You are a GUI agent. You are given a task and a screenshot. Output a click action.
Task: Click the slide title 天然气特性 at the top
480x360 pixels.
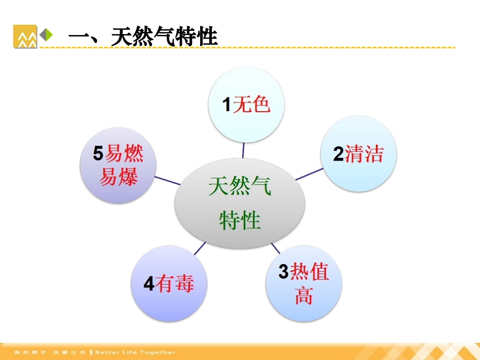pos(143,37)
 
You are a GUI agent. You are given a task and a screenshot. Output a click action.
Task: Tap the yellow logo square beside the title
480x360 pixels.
pos(25,36)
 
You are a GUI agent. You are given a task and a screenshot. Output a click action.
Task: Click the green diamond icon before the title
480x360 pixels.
pos(46,35)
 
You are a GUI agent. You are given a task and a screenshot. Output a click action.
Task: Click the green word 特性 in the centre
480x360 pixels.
pos(240,221)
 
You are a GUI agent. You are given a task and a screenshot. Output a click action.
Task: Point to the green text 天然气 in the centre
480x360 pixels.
pos(240,187)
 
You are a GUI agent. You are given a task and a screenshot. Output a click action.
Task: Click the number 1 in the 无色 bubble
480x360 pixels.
pos(227,105)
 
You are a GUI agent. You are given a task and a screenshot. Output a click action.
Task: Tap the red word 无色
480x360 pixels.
pos(252,105)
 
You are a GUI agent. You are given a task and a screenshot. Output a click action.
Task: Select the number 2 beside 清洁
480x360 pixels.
pos(339,154)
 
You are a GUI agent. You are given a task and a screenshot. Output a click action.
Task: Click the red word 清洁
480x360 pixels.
pos(364,153)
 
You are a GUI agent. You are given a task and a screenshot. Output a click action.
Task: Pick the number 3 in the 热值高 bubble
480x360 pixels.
pos(283,272)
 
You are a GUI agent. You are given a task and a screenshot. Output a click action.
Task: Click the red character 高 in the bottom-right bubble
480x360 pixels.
pos(304,295)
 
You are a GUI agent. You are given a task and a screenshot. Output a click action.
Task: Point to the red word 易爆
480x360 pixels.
pos(119,177)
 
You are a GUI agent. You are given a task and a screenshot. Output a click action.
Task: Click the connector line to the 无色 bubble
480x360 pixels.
pos(244,150)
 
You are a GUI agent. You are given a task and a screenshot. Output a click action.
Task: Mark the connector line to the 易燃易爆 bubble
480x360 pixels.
pos(168,181)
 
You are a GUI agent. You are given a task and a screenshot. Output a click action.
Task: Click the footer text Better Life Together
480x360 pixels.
pos(135,352)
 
